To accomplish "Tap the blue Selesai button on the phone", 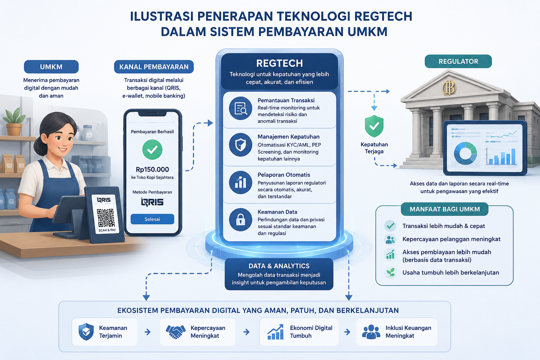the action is pos(152,219).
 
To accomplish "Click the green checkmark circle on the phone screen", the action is pos(152,150).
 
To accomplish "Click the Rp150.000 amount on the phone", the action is pos(152,169).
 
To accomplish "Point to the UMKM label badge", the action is pos(51,67).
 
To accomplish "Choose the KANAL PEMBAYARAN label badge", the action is pos(154,67).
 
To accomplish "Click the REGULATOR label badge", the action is pos(458,62).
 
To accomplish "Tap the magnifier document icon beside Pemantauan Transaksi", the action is pos(240,108).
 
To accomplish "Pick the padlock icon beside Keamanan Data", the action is pos(240,220).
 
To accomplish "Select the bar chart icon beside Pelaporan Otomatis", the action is pos(240,182).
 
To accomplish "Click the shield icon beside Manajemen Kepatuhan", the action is pos(240,145).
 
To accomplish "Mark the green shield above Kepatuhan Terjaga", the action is pos(374,126).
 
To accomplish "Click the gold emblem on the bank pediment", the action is pos(449,87).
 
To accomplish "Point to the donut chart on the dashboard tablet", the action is pos(465,153).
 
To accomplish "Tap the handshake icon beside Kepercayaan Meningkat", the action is pos(175,332).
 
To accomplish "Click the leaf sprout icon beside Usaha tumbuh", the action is pos(391,273).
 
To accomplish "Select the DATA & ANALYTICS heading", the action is pos(279,266).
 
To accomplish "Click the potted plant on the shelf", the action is pos(14,122).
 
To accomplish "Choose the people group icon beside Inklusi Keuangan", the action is pos(371,332).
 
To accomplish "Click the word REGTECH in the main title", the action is pos(383,17).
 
